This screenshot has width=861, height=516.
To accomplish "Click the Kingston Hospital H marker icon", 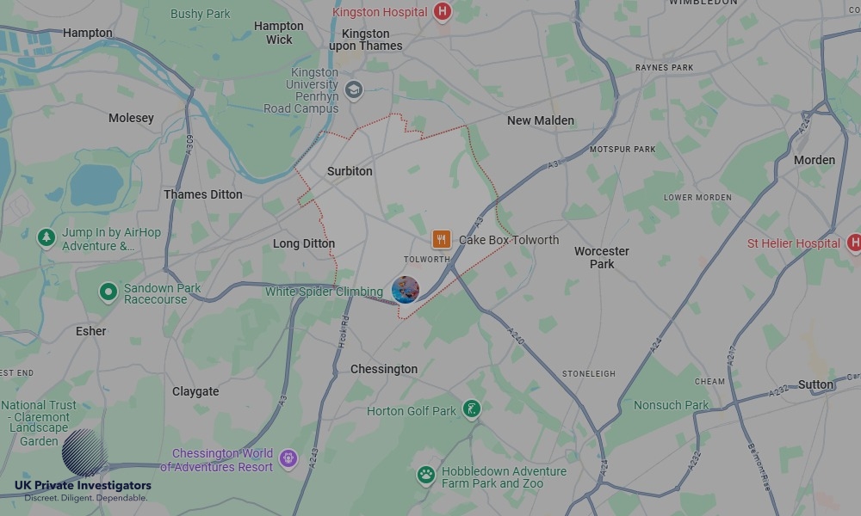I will coord(443,12).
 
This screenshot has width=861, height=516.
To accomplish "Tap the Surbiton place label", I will coord(350,171).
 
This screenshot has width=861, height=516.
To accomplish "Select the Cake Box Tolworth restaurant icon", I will coord(442,240).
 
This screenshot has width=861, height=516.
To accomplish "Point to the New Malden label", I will coord(540,120).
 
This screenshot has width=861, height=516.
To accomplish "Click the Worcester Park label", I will coord(602,257).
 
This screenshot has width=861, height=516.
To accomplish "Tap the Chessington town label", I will coord(384,369).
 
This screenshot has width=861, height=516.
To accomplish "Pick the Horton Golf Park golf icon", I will coord(471,409).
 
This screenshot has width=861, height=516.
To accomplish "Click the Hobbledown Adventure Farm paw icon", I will coord(425,475).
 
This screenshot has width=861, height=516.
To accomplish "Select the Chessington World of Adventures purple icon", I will coord(288,458).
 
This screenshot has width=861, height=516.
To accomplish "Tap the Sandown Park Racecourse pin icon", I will coord(108,292).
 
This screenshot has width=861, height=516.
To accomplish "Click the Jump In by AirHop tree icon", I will coord(46,237).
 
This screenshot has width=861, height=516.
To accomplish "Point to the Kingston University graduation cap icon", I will coord(354,89).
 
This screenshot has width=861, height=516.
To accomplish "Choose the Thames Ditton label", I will coord(203,194).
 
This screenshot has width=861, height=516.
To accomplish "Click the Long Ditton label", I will coord(304,243).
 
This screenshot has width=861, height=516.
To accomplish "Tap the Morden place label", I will coord(814,160).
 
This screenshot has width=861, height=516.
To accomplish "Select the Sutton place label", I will coord(815,384).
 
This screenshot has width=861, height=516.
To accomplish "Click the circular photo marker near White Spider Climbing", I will coord(405,290).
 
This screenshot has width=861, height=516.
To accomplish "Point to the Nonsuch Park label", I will coord(671,405).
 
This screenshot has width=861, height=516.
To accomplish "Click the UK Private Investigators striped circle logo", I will coord(84,452).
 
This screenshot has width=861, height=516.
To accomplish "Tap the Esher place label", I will coord(90,331).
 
